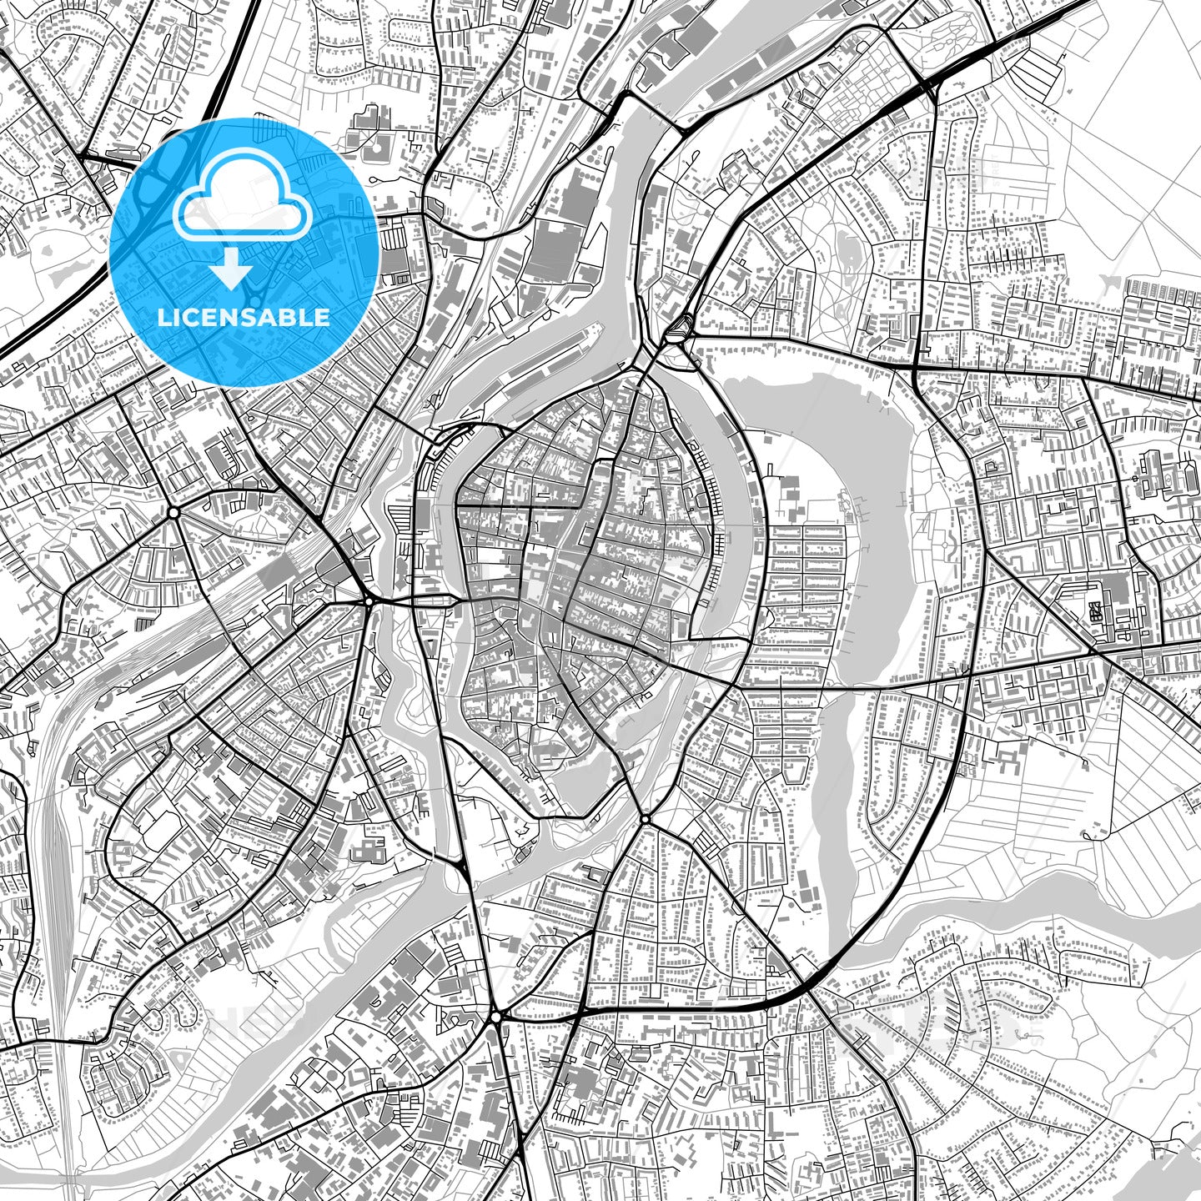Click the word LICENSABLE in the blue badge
click(x=244, y=317)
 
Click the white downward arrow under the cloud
click(x=231, y=269)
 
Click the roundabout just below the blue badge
click(x=173, y=511)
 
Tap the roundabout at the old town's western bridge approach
click(x=368, y=600)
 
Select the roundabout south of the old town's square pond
click(x=645, y=820)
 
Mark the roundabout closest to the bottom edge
click(x=496, y=1018)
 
